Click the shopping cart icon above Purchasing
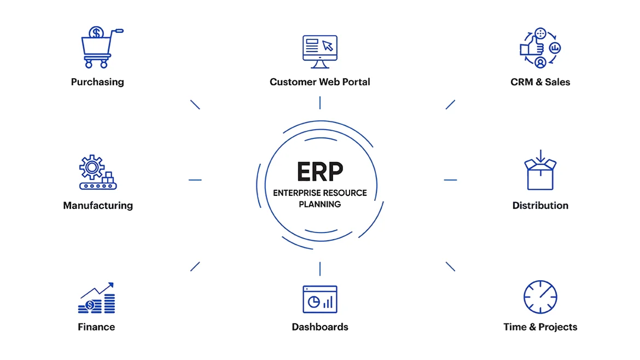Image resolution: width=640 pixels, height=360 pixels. pyautogui.click(x=98, y=49)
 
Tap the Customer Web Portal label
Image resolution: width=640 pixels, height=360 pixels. pyautogui.click(x=320, y=82)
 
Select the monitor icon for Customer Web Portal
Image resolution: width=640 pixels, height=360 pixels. pyautogui.click(x=320, y=51)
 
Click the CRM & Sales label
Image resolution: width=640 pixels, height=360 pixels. pyautogui.click(x=540, y=82)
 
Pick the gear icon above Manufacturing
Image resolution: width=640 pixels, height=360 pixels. pyautogui.click(x=92, y=166)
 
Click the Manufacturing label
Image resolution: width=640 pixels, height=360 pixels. pyautogui.click(x=98, y=206)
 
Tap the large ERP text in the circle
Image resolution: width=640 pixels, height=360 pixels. pyautogui.click(x=320, y=171)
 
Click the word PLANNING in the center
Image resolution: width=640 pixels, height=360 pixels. pyautogui.click(x=320, y=204)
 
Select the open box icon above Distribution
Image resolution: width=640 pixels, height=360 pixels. pyautogui.click(x=540, y=171)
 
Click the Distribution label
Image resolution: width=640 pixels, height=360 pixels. pyautogui.click(x=540, y=206)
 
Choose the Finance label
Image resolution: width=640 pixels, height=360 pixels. pyautogui.click(x=96, y=327)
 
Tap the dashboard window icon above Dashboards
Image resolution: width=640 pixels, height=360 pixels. pyautogui.click(x=320, y=299)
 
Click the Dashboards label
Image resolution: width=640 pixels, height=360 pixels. pyautogui.click(x=320, y=327)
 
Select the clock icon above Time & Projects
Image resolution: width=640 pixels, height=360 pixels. pyautogui.click(x=540, y=297)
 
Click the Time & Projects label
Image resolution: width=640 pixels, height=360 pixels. pyautogui.click(x=540, y=327)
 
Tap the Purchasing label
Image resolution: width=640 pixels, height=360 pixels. pyautogui.click(x=97, y=82)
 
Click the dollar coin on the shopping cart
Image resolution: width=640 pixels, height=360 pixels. pyautogui.click(x=97, y=33)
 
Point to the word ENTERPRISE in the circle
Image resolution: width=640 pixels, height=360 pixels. pyautogui.click(x=296, y=193)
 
